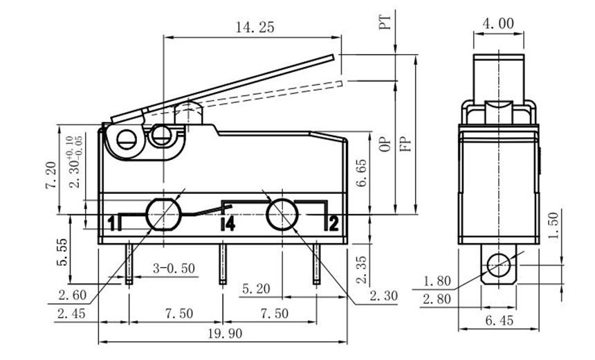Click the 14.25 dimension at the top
[x=255, y=27]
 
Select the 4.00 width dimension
[x=497, y=24]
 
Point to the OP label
[x=385, y=143]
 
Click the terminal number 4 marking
[x=229, y=223]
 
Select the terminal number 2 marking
[x=333, y=223]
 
